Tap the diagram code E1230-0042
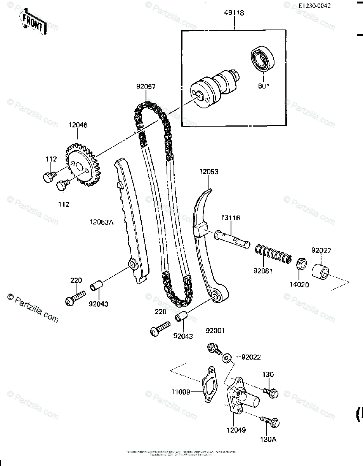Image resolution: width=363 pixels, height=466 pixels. tap(315, 6)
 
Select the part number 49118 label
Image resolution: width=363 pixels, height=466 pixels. tap(234, 13)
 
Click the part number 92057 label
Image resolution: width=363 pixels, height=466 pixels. tap(146, 87)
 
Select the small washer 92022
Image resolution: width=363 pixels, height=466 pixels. tap(227, 357)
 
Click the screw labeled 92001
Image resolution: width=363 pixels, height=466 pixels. tap(213, 348)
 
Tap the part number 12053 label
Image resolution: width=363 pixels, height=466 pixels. tap(209, 171)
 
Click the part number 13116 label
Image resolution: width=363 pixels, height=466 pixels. tap(231, 218)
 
